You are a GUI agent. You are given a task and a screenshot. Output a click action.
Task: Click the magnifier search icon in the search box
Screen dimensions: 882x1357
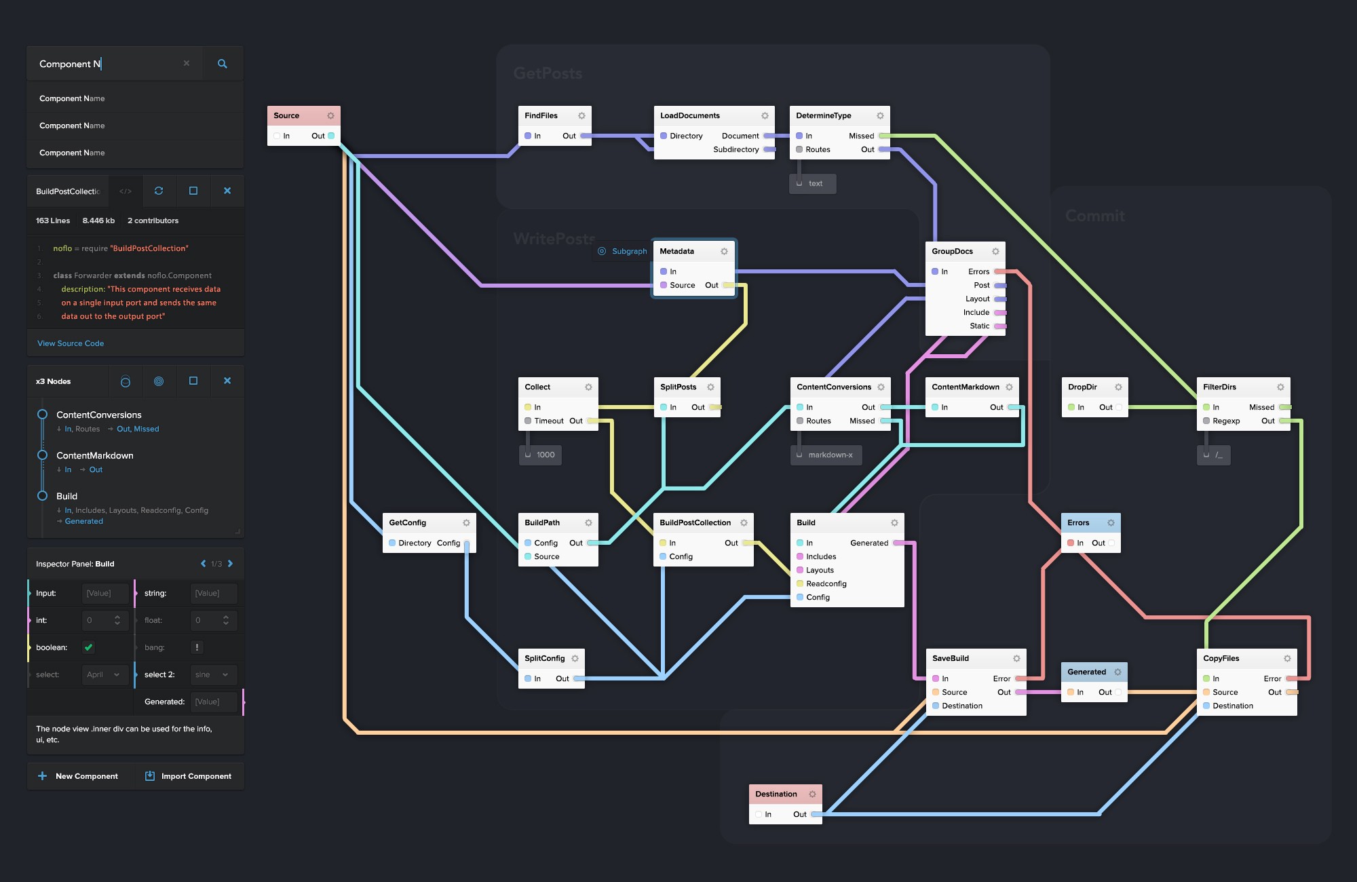coord(222,64)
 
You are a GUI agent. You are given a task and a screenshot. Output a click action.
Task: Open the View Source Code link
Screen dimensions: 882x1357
coord(71,343)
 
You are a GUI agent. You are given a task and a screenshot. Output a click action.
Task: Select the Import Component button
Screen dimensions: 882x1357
coord(189,776)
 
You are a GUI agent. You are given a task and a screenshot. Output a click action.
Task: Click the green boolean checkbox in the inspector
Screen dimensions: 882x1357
coord(88,647)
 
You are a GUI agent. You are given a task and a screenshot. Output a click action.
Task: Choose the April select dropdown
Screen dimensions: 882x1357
coord(103,674)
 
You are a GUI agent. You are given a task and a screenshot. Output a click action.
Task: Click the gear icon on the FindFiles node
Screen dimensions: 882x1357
coord(581,116)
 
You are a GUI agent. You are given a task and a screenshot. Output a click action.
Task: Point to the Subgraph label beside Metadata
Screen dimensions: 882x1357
coord(629,251)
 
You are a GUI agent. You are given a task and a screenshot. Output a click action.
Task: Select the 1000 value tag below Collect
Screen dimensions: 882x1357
coord(545,455)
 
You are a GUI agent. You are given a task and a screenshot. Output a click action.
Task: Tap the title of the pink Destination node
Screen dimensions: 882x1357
coord(776,794)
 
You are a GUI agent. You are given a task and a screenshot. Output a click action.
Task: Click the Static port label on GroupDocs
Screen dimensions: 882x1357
coord(979,326)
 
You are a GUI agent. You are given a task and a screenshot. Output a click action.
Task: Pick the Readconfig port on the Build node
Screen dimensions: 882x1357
coord(826,583)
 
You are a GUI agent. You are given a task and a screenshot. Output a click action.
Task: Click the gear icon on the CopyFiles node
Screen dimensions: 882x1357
coord(1287,659)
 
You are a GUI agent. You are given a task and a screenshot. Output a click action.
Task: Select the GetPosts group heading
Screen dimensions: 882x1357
coord(548,73)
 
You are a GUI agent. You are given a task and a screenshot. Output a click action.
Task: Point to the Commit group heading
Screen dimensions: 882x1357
coord(1094,216)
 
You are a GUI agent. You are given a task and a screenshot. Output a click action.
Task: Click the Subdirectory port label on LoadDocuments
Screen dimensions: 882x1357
coord(735,149)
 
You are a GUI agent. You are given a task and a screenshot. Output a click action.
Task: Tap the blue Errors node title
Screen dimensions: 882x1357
coord(1078,522)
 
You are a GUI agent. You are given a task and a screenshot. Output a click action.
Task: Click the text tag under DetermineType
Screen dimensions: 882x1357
coord(815,183)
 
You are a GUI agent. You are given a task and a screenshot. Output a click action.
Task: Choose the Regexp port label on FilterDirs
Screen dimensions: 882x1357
coord(1226,421)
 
